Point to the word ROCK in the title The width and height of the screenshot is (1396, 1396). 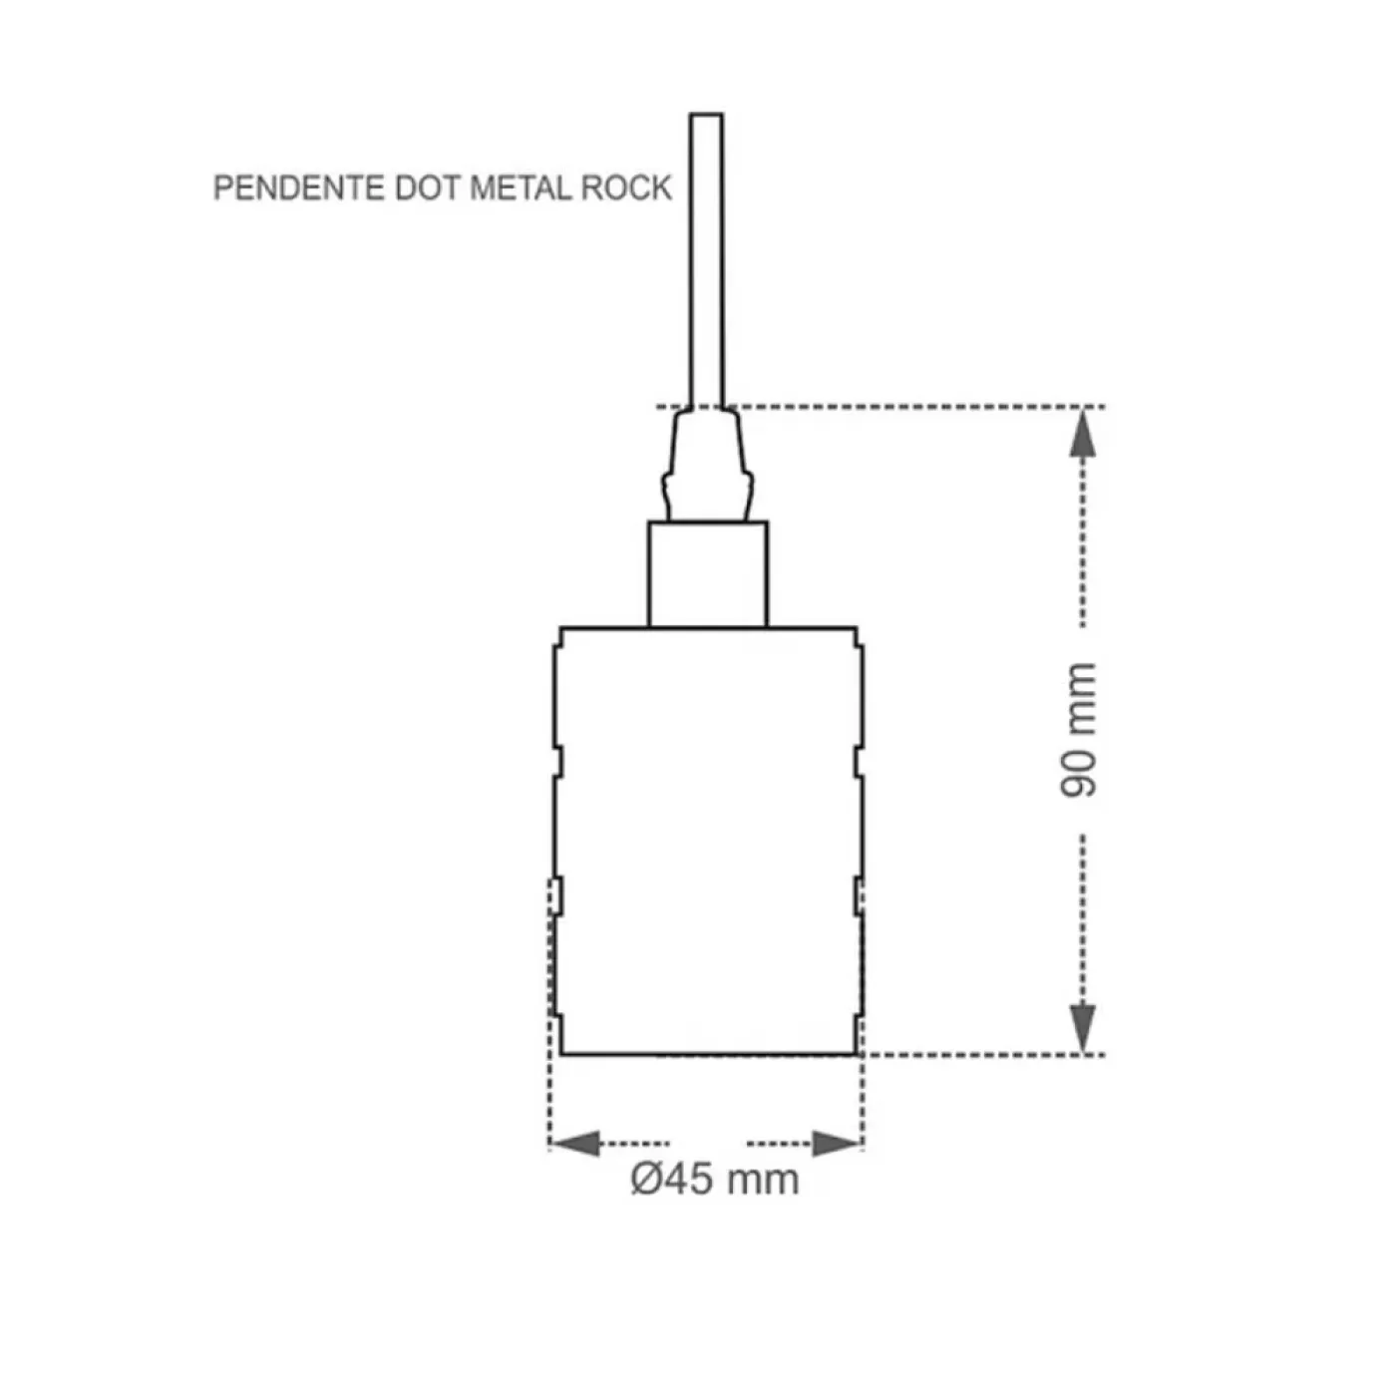point(626,188)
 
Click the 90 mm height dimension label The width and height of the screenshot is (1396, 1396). point(1079,730)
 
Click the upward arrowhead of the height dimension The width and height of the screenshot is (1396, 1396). point(1082,433)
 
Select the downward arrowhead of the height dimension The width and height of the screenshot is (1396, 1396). point(1082,1028)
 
